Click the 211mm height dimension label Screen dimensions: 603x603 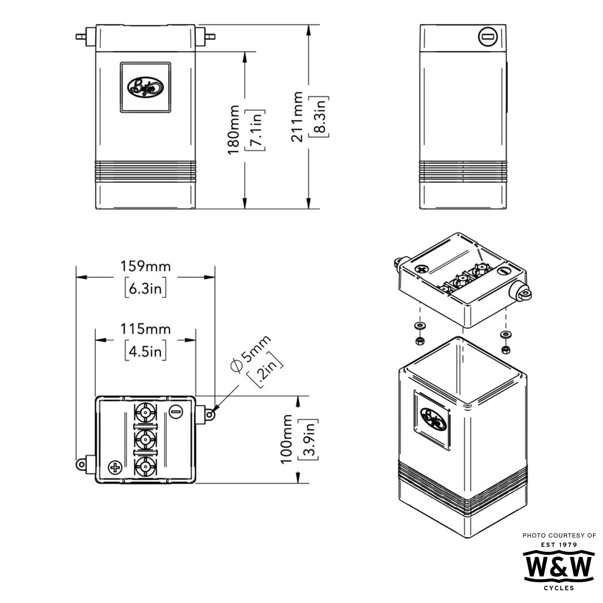(x=297, y=117)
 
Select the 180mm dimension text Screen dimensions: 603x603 (x=233, y=130)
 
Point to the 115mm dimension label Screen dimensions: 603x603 (x=145, y=329)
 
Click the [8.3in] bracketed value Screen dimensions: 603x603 (x=319, y=117)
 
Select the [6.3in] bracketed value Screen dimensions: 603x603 (x=145, y=289)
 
